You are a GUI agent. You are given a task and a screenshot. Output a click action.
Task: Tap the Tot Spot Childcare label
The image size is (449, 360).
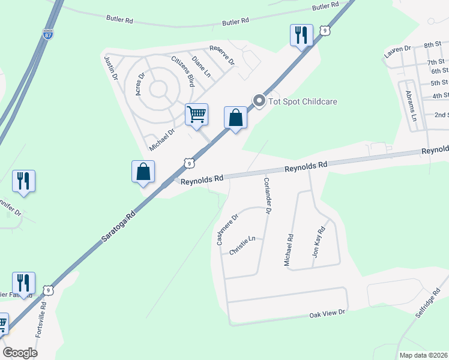tap(303, 101)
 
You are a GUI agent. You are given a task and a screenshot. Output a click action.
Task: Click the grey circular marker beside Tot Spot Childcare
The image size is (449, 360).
tap(259, 101)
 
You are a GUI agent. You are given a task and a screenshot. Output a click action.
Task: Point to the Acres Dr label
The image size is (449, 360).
tap(140, 84)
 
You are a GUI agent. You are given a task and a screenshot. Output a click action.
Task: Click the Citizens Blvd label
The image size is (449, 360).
tap(183, 71)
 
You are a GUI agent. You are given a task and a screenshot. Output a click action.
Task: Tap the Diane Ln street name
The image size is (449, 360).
tap(201, 67)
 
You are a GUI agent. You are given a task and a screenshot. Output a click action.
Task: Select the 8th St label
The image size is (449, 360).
tap(433, 45)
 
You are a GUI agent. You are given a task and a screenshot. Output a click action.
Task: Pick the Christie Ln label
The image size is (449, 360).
tap(243, 246)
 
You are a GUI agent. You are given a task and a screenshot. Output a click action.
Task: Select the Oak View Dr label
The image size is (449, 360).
tap(328, 313)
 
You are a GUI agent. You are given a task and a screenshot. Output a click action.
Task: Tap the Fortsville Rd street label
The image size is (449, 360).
tap(41, 325)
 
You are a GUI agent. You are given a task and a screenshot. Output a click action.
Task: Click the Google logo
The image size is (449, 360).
tap(20, 353)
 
